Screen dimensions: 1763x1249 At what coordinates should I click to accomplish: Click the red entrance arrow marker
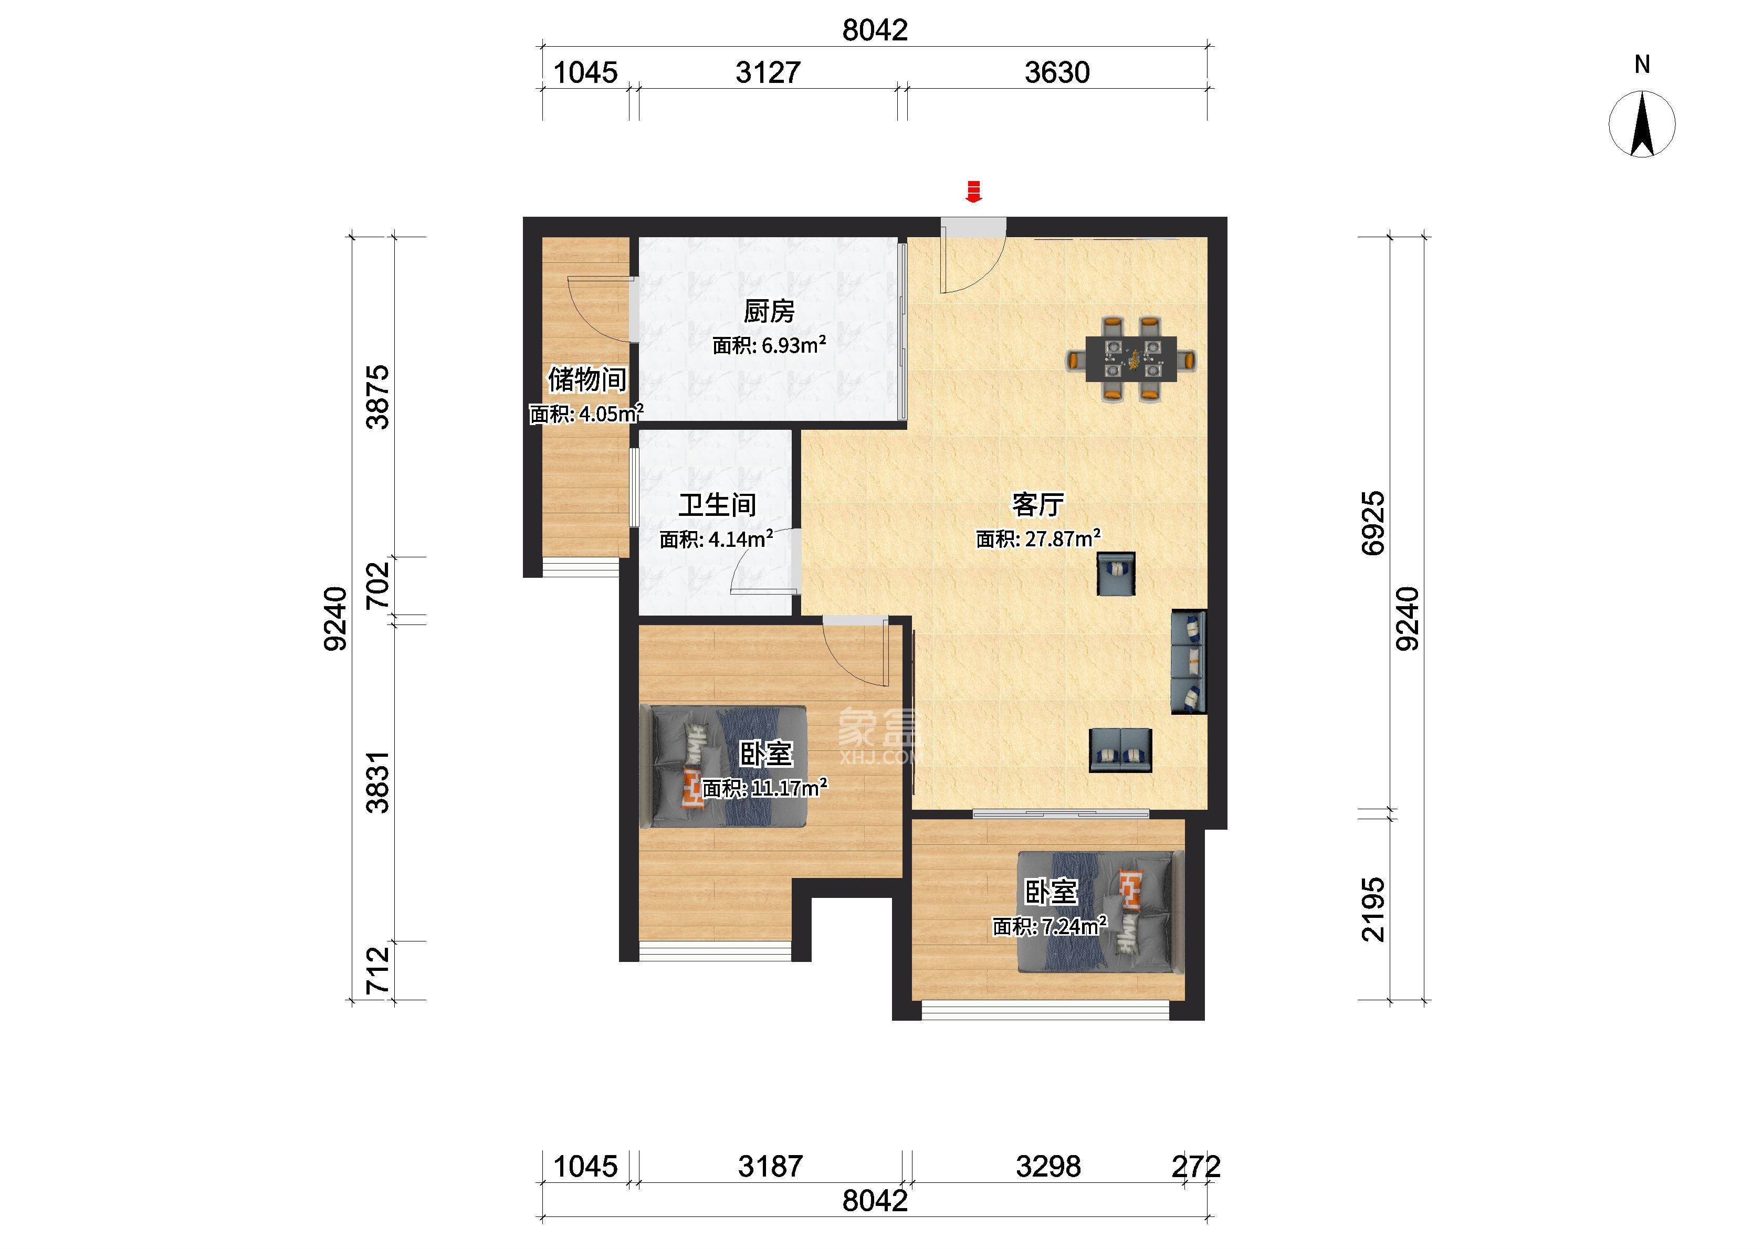click(974, 192)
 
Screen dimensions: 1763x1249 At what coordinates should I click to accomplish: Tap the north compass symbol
click(1642, 124)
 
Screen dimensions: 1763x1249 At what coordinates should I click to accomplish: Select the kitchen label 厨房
click(769, 312)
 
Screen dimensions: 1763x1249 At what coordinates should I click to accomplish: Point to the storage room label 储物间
click(587, 379)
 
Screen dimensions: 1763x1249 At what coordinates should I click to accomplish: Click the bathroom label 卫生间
click(717, 505)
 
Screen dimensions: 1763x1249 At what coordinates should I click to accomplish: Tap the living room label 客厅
click(1037, 504)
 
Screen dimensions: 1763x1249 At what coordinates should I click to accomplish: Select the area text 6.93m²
click(794, 345)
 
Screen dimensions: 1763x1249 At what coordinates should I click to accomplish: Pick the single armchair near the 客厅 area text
click(1115, 574)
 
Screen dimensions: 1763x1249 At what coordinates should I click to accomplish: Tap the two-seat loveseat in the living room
click(1121, 750)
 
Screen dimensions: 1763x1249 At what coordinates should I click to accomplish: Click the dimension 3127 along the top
click(768, 72)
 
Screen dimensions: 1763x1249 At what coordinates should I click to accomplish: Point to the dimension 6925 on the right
click(1373, 523)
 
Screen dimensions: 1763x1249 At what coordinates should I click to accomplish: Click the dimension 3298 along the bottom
click(1047, 1167)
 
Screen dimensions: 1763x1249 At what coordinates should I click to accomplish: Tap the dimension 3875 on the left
click(377, 397)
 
